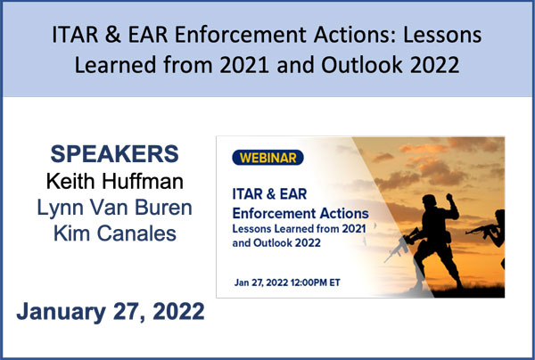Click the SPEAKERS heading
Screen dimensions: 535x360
115,154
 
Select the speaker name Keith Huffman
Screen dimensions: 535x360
115,181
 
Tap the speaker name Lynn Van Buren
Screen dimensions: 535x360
115,208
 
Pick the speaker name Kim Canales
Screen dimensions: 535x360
115,233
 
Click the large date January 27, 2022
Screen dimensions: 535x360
111,312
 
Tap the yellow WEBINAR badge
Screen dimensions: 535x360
267,158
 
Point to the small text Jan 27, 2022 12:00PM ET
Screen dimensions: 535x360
287,282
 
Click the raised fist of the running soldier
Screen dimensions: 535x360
449,197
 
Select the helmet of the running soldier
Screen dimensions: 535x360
429,200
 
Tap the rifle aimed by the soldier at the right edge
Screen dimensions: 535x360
481,229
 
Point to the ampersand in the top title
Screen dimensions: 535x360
113,35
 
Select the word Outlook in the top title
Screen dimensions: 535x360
362,65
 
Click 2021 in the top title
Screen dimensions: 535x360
244,65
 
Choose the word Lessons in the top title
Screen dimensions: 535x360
442,35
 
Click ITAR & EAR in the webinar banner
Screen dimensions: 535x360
269,194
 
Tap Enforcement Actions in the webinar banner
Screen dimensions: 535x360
300,213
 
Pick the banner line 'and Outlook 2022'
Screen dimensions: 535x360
276,242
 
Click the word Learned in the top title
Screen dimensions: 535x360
116,65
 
